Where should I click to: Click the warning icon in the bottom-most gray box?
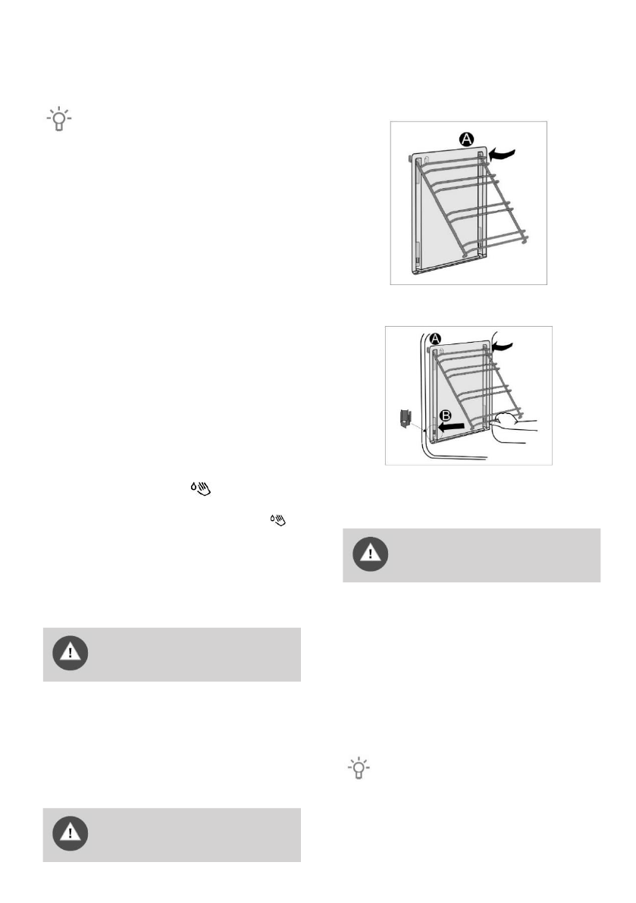70,834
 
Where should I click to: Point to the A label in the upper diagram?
467,139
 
